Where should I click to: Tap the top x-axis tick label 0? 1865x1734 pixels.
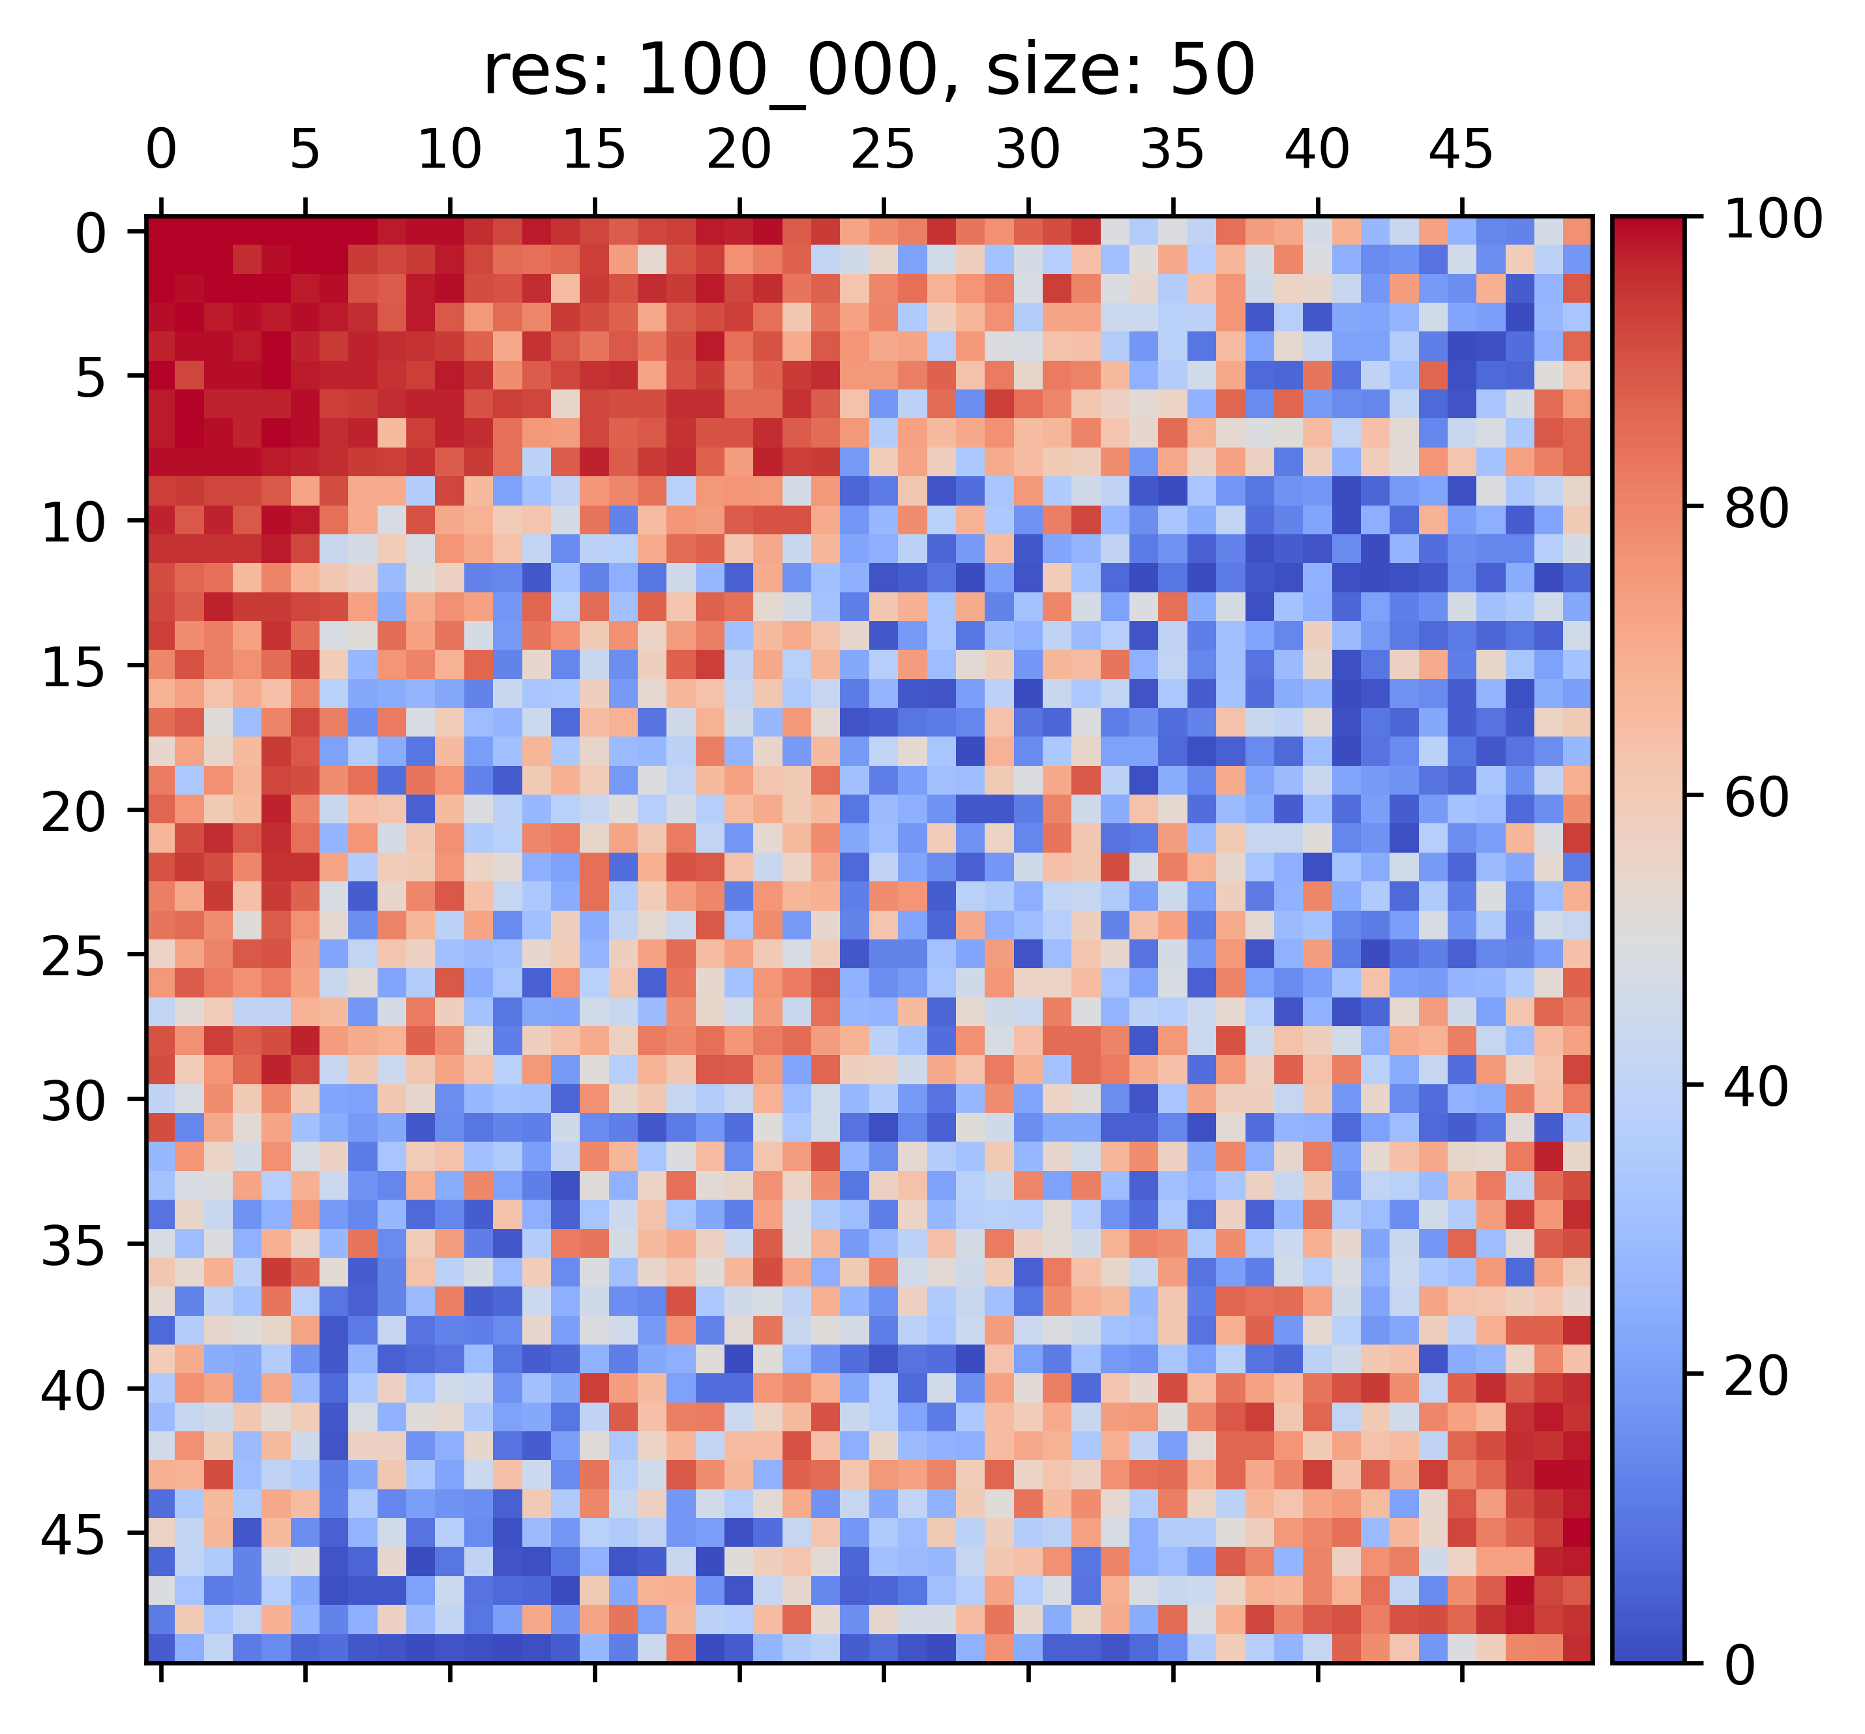161,150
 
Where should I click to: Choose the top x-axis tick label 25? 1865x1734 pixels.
883,150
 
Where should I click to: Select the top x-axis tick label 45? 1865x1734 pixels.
1461,150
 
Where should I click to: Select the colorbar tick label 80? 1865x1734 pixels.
1757,509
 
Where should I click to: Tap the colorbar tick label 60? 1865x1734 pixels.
1757,798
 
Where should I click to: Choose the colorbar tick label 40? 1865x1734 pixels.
1757,1087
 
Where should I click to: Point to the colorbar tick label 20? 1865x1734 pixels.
1757,1377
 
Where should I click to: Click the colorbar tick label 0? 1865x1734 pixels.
1741,1666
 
